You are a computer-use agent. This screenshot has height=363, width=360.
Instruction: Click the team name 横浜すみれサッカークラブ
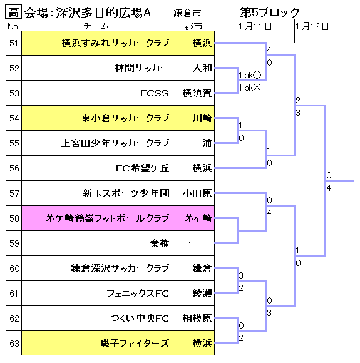coord(115,43)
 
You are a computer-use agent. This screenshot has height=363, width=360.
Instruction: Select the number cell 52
coord(14,68)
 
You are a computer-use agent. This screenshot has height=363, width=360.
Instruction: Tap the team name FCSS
coord(154,93)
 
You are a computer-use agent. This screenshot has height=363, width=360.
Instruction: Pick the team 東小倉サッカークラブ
coord(125,118)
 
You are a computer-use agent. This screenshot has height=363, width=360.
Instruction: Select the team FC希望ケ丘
coord(142,168)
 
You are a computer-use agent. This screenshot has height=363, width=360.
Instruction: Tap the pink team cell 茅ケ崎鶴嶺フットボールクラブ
coord(97,218)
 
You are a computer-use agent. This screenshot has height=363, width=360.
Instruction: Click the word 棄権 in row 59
coord(160,243)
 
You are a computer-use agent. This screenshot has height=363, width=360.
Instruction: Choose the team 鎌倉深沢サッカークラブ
coord(120,268)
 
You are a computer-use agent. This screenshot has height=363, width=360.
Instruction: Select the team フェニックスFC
coord(138,294)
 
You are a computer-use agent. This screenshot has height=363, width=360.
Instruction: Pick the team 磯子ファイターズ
coord(135,344)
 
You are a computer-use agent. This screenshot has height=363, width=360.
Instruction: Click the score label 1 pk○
coord(250,75)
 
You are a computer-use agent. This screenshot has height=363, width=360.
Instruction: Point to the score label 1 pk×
coord(250,88)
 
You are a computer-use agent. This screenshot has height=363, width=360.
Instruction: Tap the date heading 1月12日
coord(312,26)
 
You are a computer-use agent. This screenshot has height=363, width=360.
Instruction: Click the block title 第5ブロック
coord(270,12)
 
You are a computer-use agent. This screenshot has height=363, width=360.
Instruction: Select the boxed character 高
coord(13,12)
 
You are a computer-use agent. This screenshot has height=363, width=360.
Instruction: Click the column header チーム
coord(96,26)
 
